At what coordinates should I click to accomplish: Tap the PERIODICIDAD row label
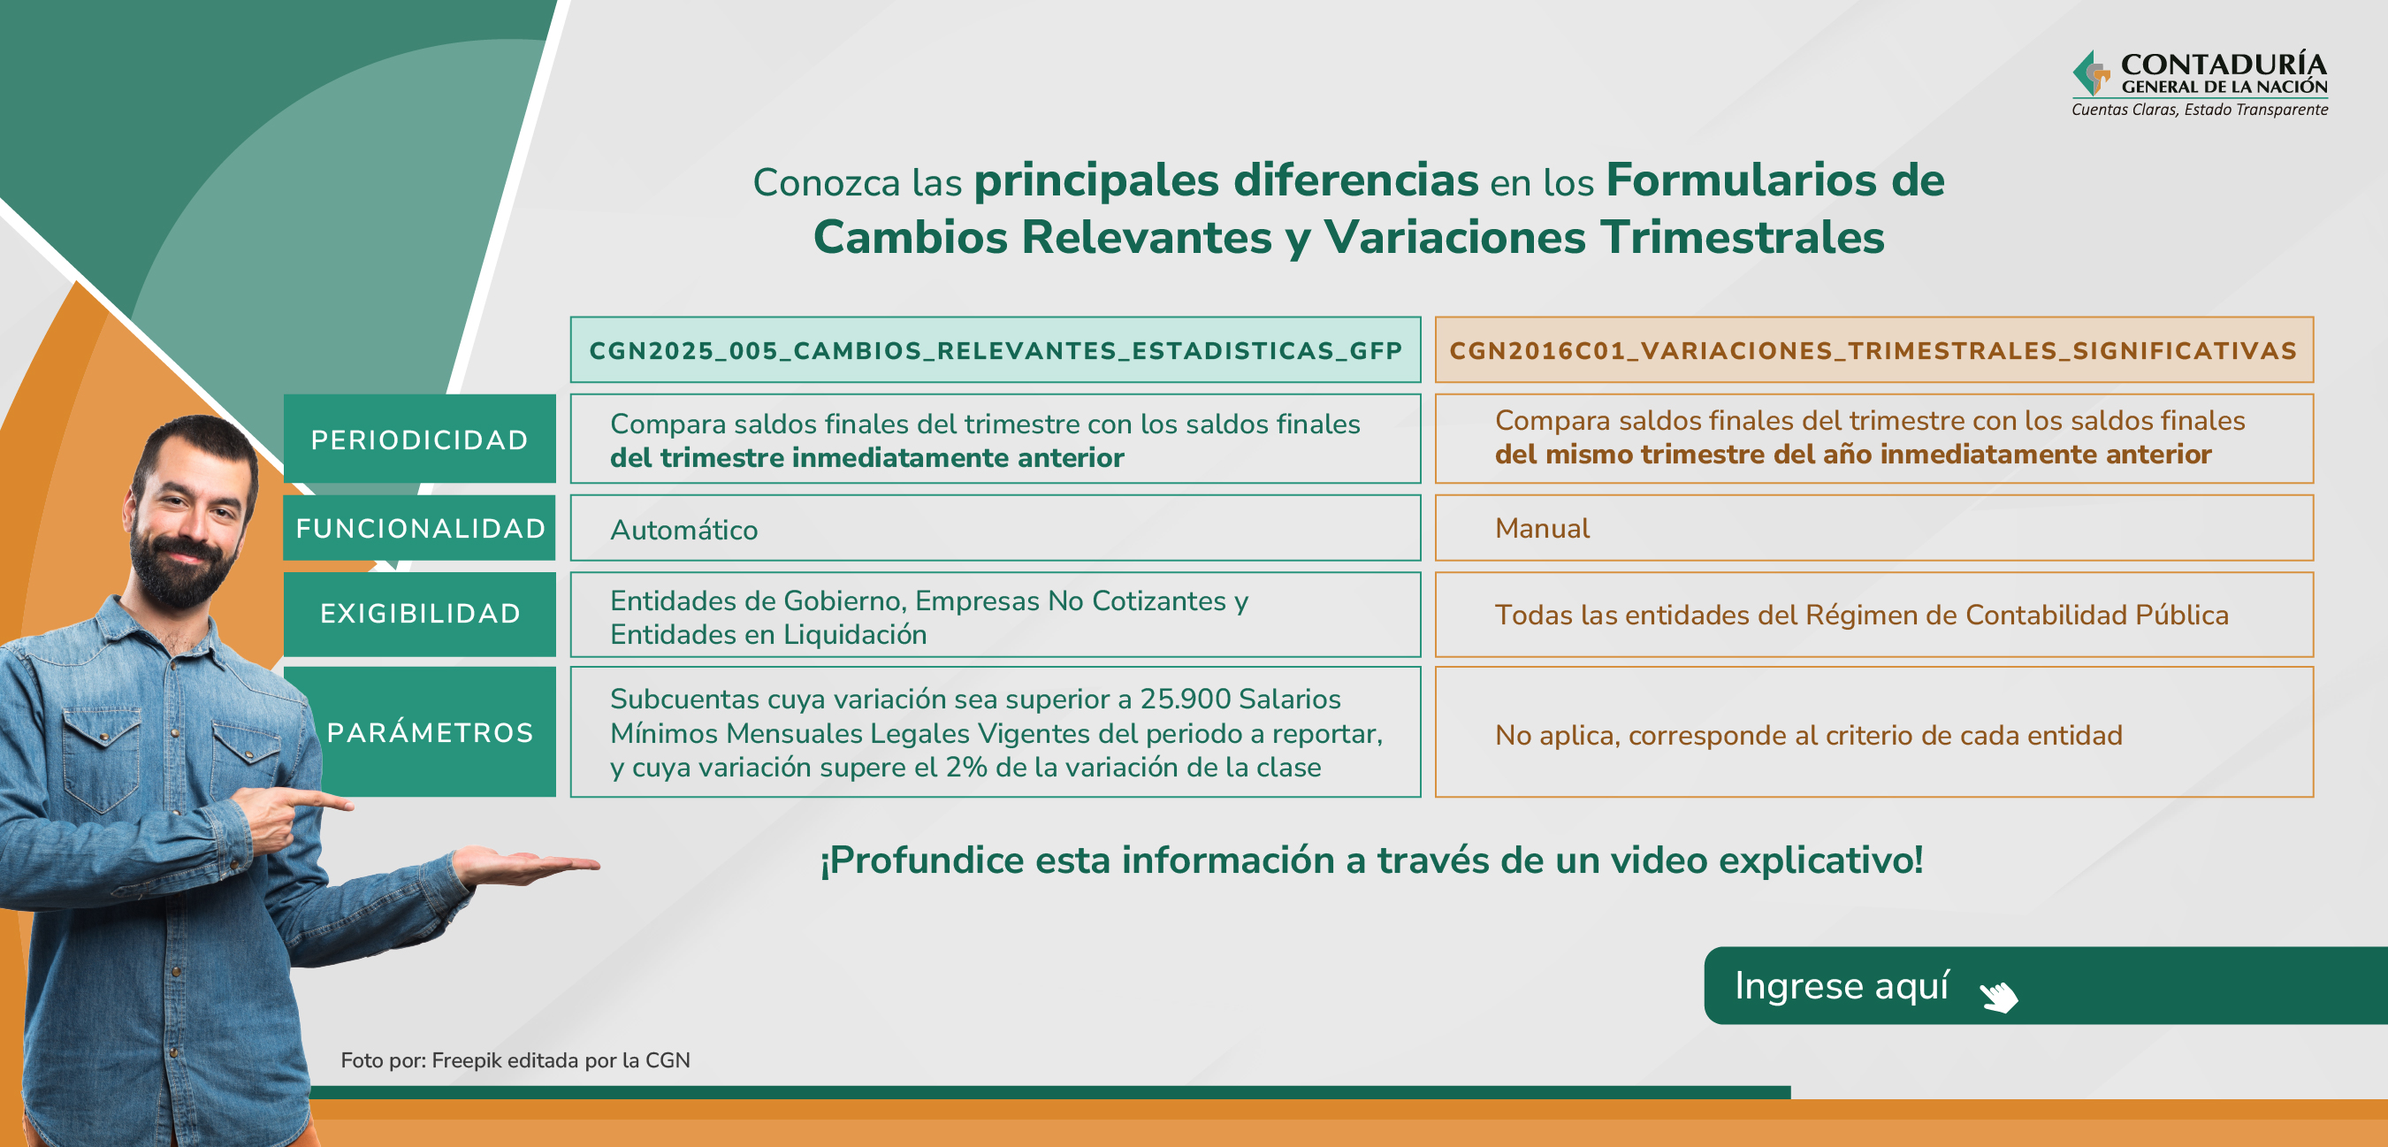coord(419,439)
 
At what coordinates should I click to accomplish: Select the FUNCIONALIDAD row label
coord(419,528)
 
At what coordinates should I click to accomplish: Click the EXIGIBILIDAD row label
coord(419,614)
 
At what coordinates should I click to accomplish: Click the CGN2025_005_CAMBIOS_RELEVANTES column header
coord(996,349)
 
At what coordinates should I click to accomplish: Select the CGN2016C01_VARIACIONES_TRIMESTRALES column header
coord(1873,349)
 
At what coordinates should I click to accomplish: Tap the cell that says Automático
coord(996,528)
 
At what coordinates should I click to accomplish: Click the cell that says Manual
coord(1873,528)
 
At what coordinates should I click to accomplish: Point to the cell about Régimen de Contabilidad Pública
coord(1873,614)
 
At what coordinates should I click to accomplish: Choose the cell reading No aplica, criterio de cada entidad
coord(1873,731)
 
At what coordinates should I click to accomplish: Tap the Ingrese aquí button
coord(2045,985)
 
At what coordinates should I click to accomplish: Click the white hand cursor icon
coord(1999,996)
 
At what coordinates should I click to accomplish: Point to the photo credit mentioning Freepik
coord(515,1059)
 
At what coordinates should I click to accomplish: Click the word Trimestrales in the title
coord(1742,237)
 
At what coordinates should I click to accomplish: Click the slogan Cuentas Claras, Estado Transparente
coord(2200,110)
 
